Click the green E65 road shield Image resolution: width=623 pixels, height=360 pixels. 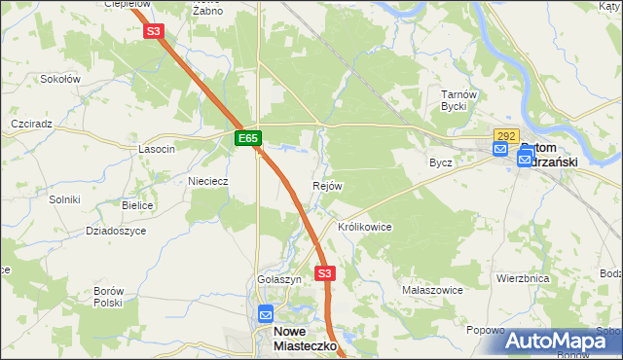click(x=247, y=139)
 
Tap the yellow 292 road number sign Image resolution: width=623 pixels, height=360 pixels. click(x=506, y=137)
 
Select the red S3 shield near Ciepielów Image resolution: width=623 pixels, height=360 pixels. click(x=154, y=31)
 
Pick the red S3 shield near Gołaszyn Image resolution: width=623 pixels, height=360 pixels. click(x=325, y=273)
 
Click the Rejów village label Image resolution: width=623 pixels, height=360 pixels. click(x=327, y=186)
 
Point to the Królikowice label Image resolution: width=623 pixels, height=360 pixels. click(x=364, y=227)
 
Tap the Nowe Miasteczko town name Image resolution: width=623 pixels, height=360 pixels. click(x=302, y=338)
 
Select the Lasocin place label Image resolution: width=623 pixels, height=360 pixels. click(x=157, y=149)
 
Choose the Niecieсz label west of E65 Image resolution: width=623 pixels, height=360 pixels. click(x=207, y=180)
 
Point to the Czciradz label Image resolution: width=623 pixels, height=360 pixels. click(x=31, y=126)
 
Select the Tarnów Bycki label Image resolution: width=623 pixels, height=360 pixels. click(x=458, y=100)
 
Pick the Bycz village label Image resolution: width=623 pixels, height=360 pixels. click(x=441, y=162)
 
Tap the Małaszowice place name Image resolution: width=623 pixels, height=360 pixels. click(x=431, y=291)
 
